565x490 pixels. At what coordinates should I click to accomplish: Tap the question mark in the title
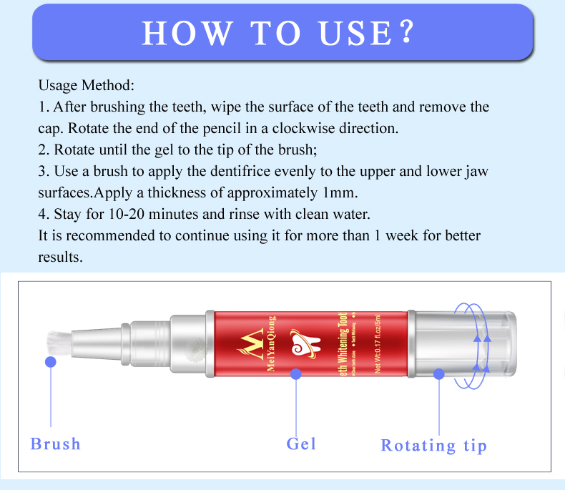click(406, 33)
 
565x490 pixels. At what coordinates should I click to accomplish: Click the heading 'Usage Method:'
click(86, 86)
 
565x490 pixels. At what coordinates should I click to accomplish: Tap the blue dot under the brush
click(51, 362)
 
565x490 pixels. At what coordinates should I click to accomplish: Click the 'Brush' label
click(56, 444)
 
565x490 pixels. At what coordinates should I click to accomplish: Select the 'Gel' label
click(301, 444)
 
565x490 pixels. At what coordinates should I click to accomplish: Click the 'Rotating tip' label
click(433, 446)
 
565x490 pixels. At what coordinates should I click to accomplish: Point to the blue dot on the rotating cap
click(439, 373)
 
